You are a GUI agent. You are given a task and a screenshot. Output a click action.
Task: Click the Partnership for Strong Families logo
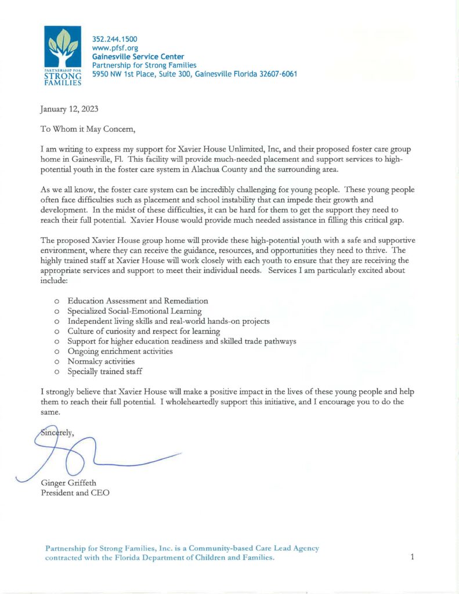pyautogui.click(x=63, y=57)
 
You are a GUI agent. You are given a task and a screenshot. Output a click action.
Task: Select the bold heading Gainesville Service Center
pyautogui.click(x=138, y=56)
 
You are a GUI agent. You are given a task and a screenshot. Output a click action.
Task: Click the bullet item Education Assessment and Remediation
pyautogui.click(x=138, y=301)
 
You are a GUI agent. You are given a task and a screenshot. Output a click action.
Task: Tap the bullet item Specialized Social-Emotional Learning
pyautogui.click(x=135, y=311)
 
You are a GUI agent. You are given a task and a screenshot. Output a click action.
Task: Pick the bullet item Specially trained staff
pyautogui.click(x=104, y=371)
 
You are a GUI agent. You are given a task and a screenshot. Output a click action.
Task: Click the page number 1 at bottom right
pyautogui.click(x=412, y=557)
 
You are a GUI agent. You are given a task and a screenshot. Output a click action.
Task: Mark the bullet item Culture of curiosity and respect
pyautogui.click(x=143, y=331)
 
